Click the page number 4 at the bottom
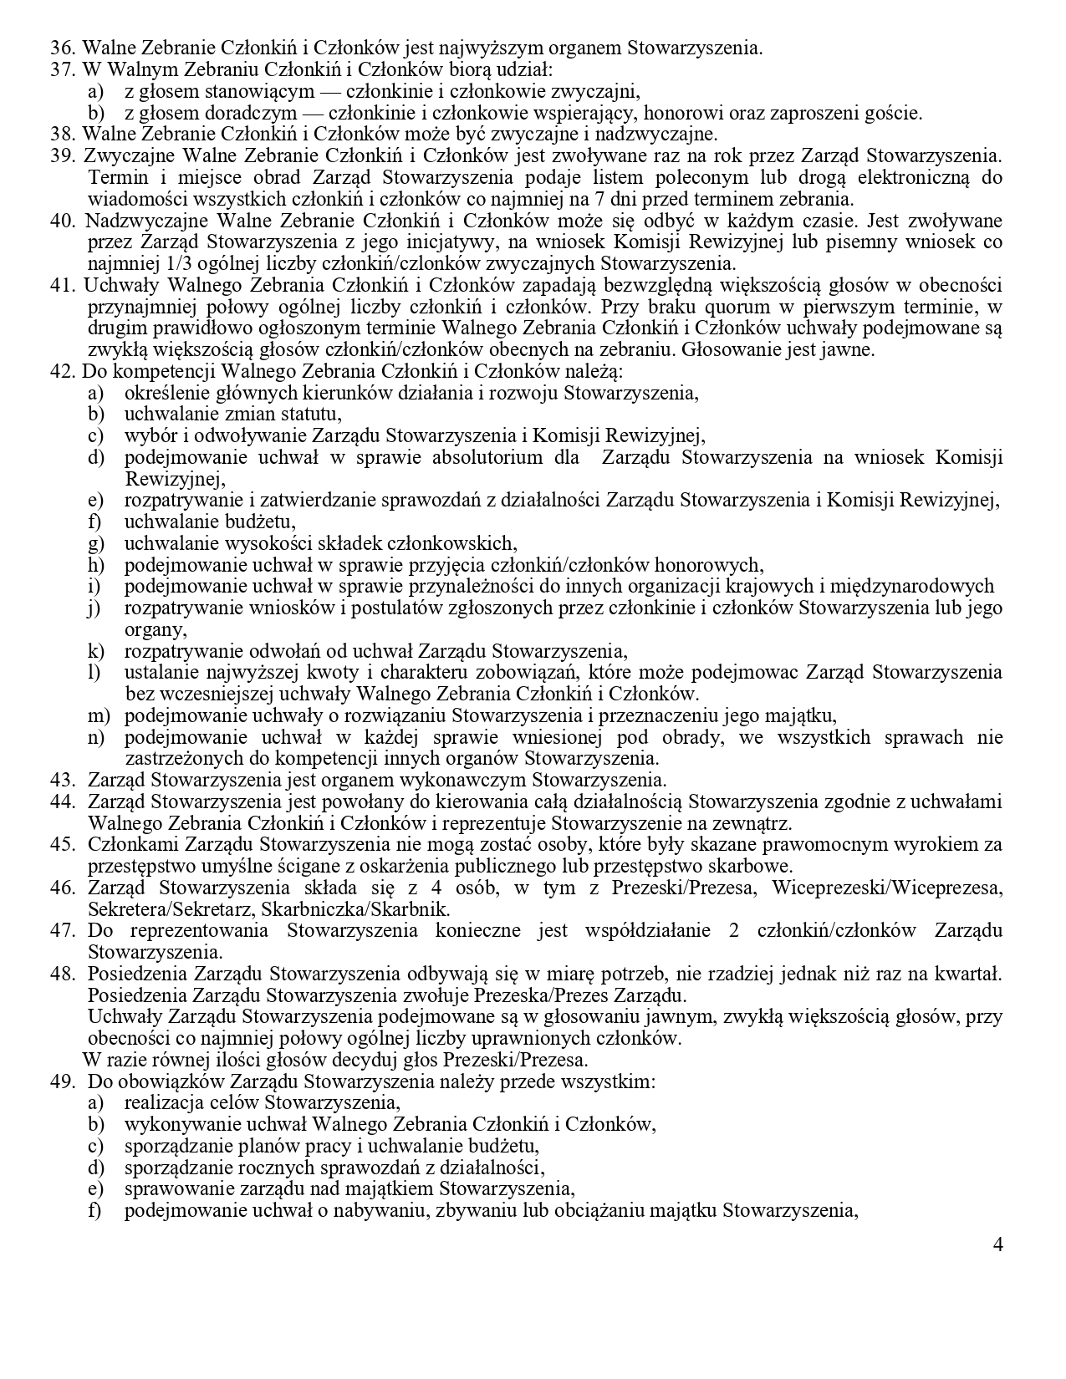point(997,1244)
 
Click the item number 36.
point(62,48)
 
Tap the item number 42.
point(62,371)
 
